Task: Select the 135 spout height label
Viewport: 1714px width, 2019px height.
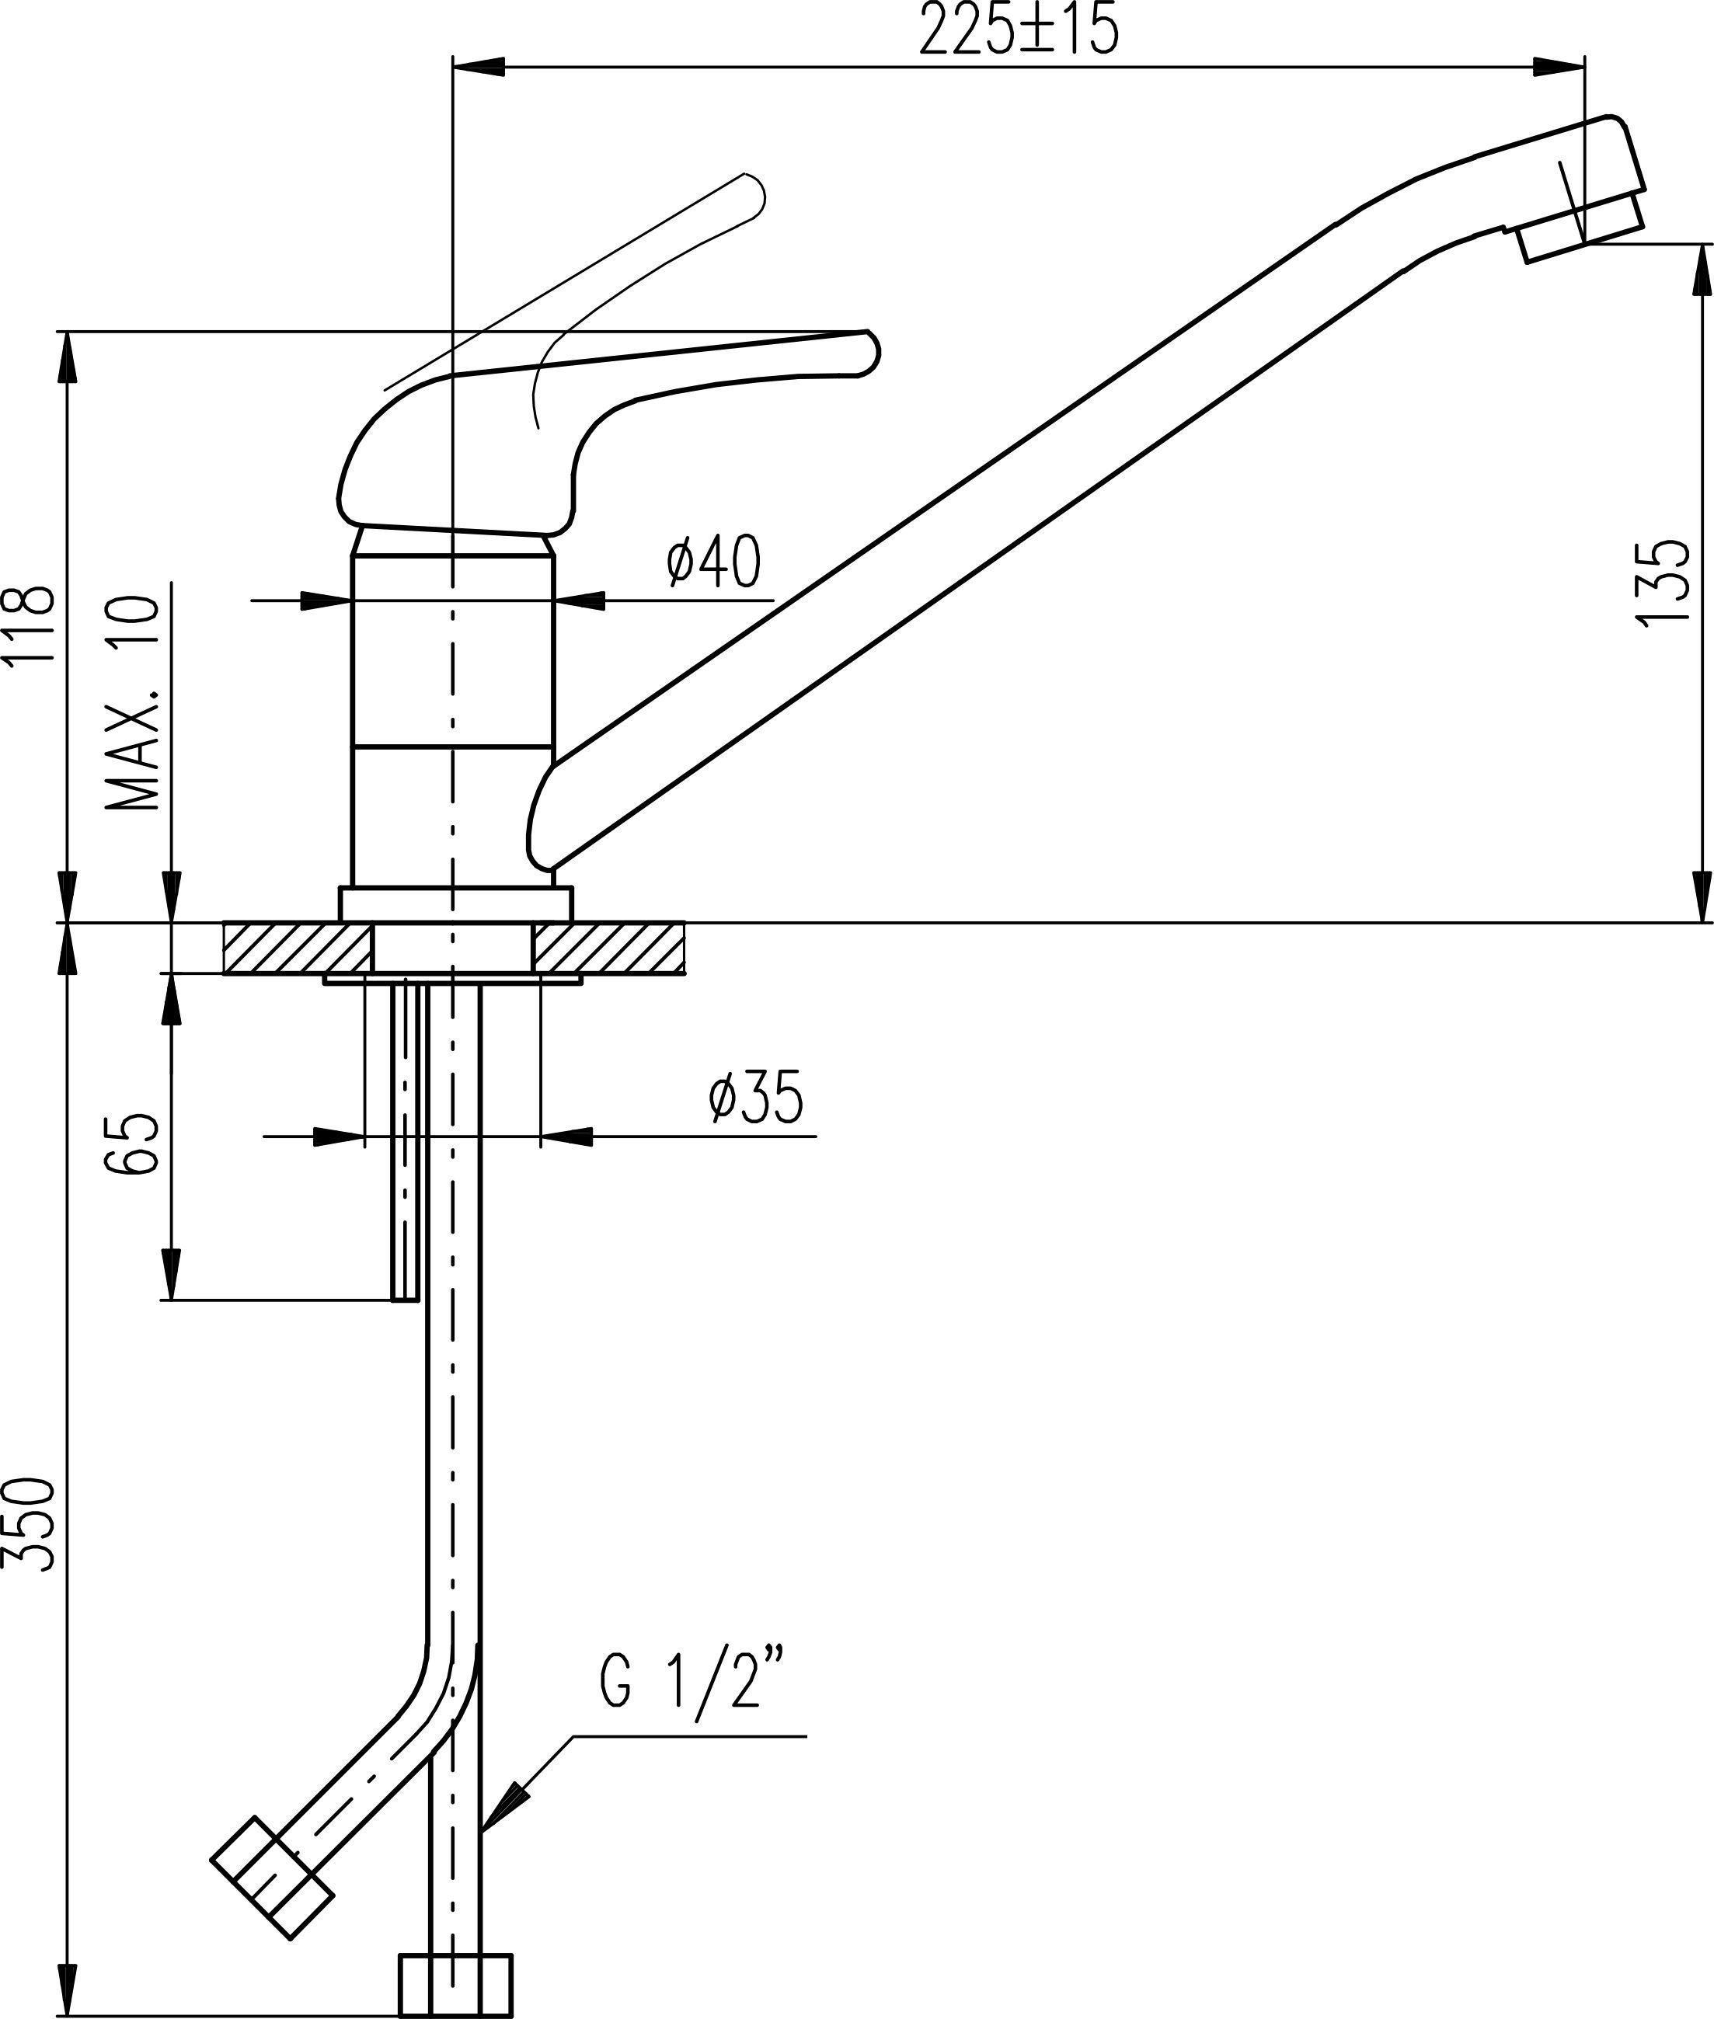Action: [1663, 581]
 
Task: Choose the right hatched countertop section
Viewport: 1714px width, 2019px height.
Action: [608, 949]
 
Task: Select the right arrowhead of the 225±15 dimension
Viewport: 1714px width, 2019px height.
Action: [1559, 66]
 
